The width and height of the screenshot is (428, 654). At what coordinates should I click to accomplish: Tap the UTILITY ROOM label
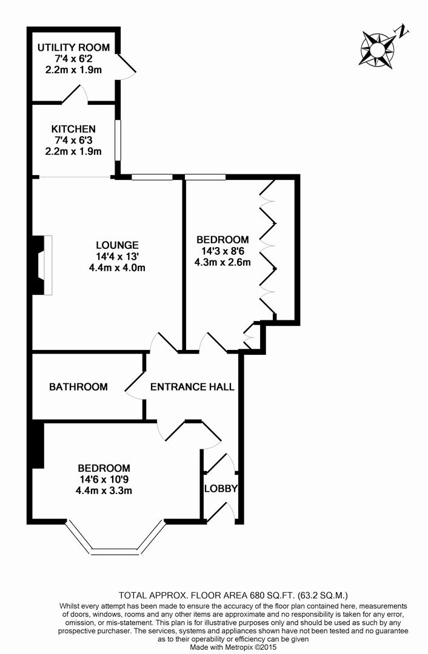pos(73,48)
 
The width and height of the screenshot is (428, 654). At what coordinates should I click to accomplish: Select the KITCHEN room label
pos(73,129)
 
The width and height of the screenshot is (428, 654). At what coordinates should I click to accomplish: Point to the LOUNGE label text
pos(117,245)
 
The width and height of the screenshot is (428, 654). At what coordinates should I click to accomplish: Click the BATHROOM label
pos(79,387)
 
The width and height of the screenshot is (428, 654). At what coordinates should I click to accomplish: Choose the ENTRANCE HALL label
pos(192,387)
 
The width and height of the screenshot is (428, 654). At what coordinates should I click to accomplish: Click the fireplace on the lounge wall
pos(42,265)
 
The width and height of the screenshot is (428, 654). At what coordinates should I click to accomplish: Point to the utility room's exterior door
pos(126,65)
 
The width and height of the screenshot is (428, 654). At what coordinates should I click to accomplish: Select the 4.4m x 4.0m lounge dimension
pos(117,267)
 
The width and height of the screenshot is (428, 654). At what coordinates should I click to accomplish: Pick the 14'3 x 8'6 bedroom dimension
pos(222,251)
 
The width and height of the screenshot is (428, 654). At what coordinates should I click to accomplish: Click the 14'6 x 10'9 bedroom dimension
pos(104,479)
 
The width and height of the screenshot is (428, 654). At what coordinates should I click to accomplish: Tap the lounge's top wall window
pos(152,177)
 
